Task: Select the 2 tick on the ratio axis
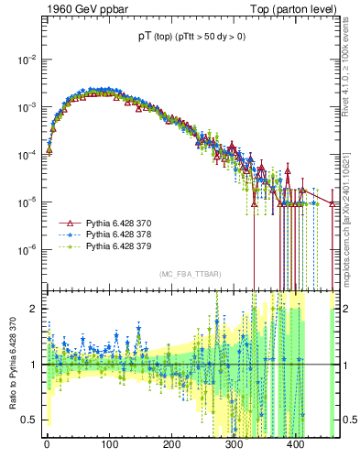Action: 35,310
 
